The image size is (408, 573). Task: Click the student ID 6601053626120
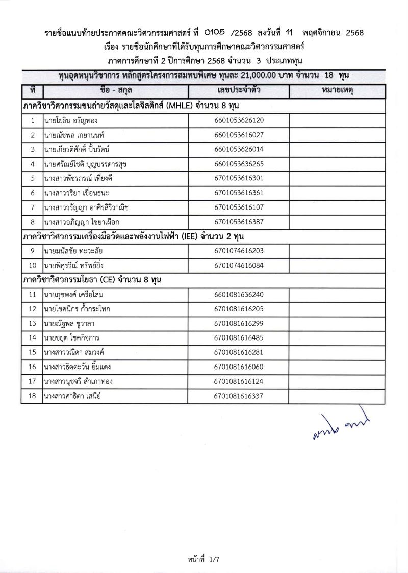[239, 121]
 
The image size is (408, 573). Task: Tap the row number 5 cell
[33, 178]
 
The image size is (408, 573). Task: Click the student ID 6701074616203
[239, 251]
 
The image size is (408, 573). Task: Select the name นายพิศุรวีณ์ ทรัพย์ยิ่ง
[74, 265]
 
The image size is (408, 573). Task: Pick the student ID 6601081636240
[239, 294]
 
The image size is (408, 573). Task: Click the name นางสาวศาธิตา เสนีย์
[73, 396]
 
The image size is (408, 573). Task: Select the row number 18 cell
[33, 396]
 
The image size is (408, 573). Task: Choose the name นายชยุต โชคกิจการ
[71, 337]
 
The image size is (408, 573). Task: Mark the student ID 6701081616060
[239, 367]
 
